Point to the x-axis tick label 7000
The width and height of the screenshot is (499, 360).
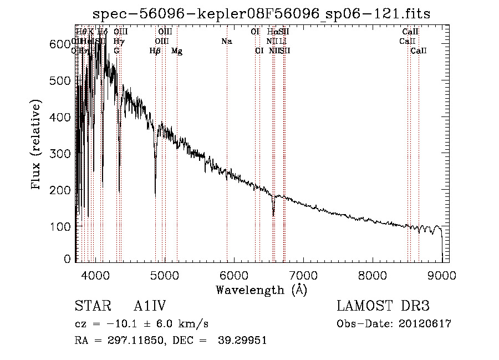point(303,275)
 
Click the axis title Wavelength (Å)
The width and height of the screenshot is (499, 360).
point(261,290)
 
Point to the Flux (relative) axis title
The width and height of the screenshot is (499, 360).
point(37,145)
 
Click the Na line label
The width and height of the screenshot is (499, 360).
point(226,42)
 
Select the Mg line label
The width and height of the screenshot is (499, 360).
point(177,51)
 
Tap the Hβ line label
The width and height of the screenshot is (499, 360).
point(155,51)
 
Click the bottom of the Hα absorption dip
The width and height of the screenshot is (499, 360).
point(273,215)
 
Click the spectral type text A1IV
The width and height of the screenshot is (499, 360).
point(150,307)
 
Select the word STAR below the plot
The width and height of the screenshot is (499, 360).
point(89,307)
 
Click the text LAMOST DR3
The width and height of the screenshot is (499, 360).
point(383,307)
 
